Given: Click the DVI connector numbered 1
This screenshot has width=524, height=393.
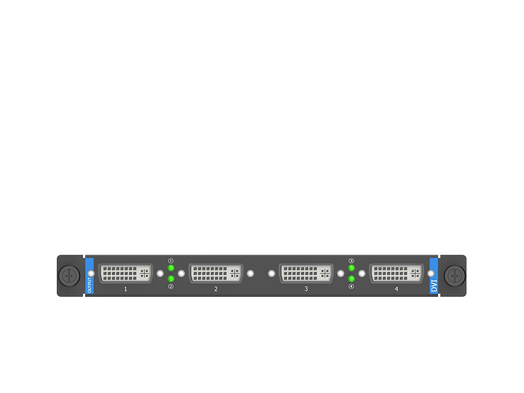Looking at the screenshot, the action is coord(125,273).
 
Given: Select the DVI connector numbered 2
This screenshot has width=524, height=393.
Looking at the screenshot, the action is coord(216,273).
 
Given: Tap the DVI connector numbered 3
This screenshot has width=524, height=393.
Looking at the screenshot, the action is coord(306,273).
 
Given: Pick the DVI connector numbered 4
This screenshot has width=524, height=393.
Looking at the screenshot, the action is coord(396,273).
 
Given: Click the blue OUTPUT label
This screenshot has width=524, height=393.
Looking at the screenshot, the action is coord(90,276).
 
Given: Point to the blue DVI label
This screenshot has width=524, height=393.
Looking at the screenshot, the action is coord(434,276).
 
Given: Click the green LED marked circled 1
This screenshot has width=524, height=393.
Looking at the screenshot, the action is coord(171,268).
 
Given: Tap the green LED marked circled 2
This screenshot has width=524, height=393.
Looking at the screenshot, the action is coord(171,279).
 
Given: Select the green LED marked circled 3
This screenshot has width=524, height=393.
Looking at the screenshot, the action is coord(351,268).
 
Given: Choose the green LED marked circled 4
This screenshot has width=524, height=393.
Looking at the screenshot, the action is coord(351,279).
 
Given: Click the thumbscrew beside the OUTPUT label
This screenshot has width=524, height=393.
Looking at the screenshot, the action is coord(69,276).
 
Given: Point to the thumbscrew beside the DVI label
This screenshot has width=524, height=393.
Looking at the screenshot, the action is coord(455,276).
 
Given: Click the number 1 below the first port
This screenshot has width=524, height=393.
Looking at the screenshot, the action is coord(126,289).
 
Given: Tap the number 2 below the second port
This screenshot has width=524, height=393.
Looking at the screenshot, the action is coord(216,289).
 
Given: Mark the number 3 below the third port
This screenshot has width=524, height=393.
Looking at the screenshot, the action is coord(306,289).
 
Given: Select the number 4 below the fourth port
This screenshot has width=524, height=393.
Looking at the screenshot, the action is coord(396,289).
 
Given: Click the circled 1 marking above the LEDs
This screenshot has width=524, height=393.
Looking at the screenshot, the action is coord(171,261).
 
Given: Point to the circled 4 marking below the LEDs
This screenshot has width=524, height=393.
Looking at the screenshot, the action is coord(351,286).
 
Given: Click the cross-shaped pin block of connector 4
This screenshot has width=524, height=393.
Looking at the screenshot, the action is coord(415,273).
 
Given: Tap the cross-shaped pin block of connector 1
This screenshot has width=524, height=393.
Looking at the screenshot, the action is coord(145,273).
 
